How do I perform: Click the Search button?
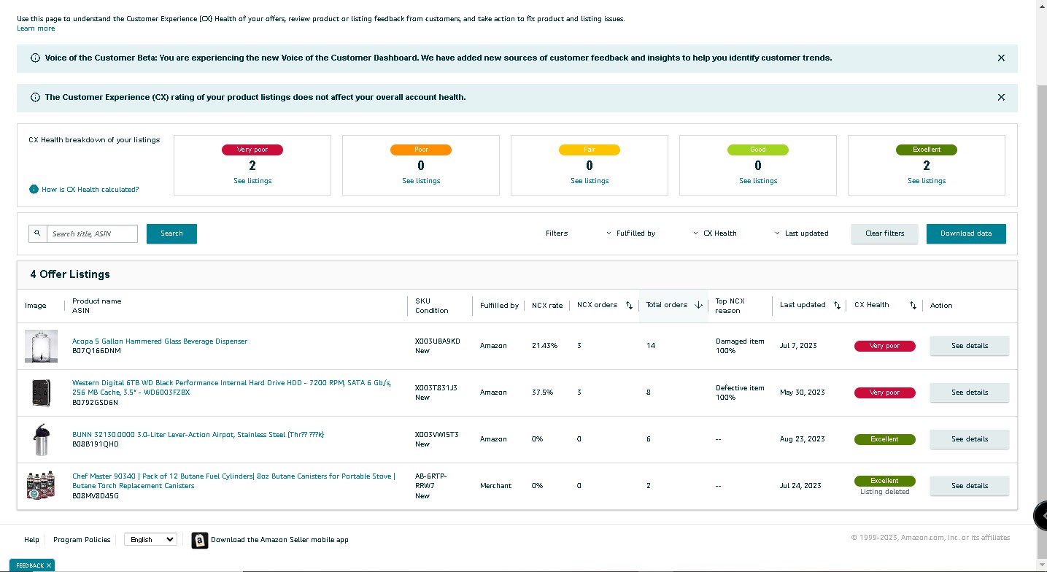171,233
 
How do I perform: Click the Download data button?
966,233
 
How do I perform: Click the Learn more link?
36,28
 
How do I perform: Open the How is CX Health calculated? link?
90,189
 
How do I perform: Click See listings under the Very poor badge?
252,181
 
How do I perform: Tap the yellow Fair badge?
590,150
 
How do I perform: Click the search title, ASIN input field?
92,233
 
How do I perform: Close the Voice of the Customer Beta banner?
1001,58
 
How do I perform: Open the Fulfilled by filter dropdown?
631,233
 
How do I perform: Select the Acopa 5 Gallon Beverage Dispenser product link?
159,341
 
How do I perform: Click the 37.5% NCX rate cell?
542,393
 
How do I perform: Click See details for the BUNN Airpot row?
970,439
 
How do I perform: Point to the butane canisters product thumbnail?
41,486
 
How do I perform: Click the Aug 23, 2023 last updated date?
802,439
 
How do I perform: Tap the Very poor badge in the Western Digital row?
884,393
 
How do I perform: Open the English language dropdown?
150,539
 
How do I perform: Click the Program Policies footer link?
82,540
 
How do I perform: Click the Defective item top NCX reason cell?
740,393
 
